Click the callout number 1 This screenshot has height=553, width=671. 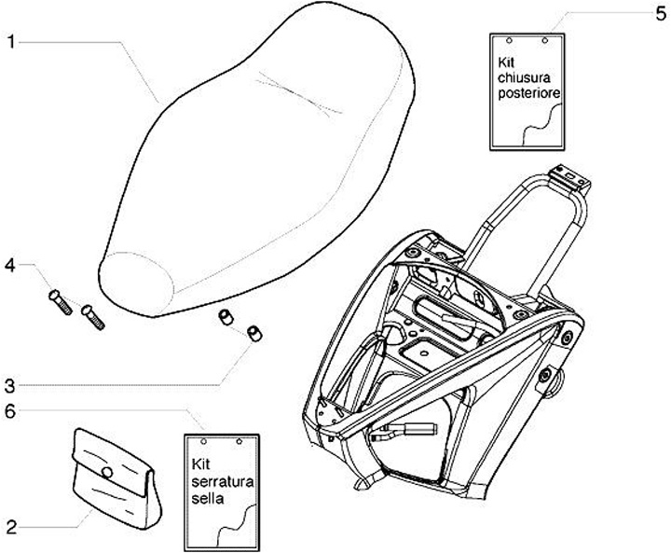click(x=12, y=43)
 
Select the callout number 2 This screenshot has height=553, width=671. click(x=12, y=528)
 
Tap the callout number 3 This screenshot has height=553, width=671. click(x=12, y=384)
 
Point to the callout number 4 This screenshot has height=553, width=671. click(x=12, y=265)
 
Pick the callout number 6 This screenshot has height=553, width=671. click(x=12, y=408)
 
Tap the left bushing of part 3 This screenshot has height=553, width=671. click(x=225, y=318)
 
